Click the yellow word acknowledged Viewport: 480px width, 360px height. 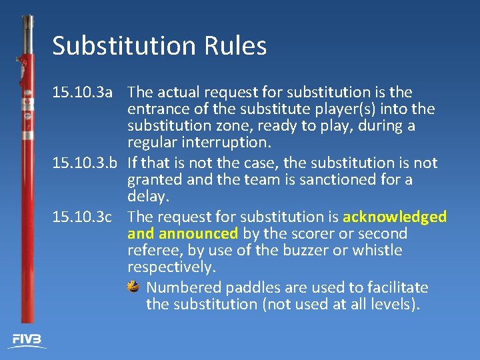(x=395, y=217)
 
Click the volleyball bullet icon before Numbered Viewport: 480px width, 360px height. (x=133, y=287)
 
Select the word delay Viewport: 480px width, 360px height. (x=147, y=196)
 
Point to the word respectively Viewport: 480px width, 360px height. (x=171, y=267)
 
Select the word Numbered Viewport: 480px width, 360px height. (x=184, y=287)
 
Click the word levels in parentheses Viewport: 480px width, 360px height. (x=395, y=304)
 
